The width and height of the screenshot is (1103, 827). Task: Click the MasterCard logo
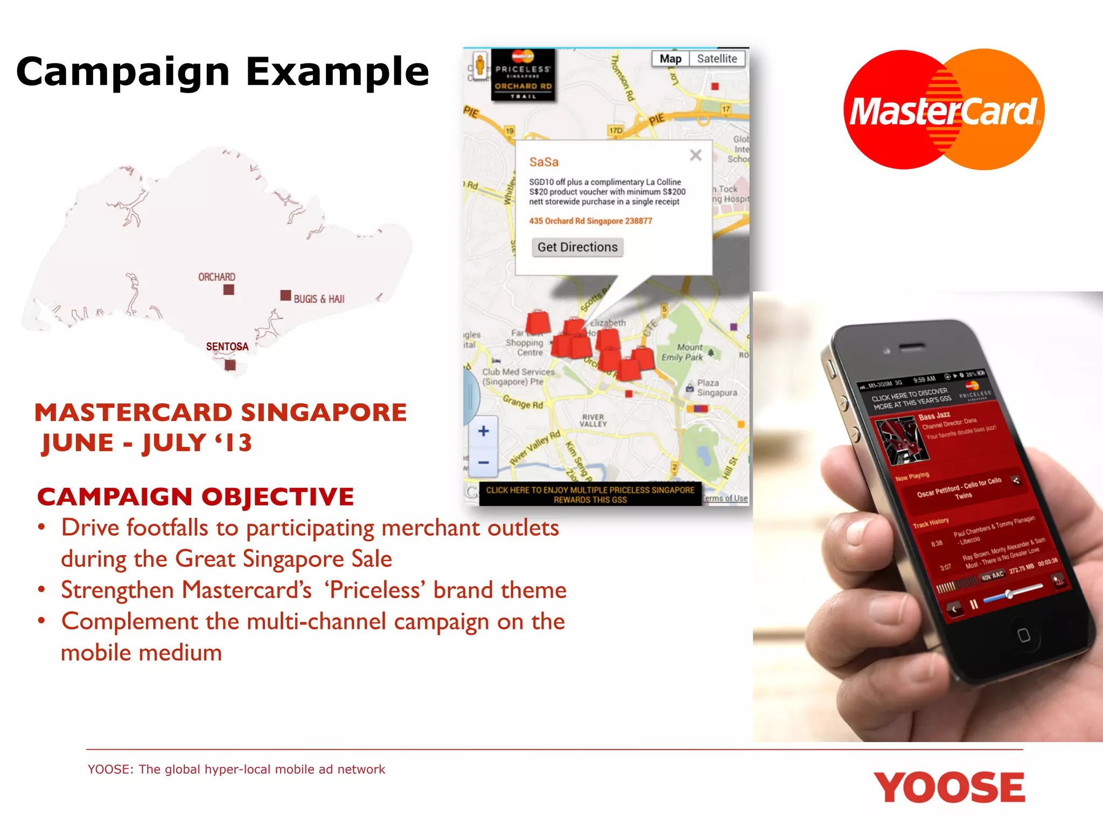pyautogui.click(x=944, y=110)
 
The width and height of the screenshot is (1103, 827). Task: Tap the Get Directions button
pyautogui.click(x=577, y=247)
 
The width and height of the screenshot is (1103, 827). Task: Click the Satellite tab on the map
pyautogui.click(x=717, y=59)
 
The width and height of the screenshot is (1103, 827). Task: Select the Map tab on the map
pyautogui.click(x=671, y=59)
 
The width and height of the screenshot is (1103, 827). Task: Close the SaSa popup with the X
pyautogui.click(x=695, y=156)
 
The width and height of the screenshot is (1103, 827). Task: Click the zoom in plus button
pyautogui.click(x=483, y=431)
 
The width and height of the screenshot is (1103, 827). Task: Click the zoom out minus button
pyautogui.click(x=483, y=462)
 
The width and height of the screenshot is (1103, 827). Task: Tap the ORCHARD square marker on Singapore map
pyautogui.click(x=229, y=290)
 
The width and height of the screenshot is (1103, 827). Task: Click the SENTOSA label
pyautogui.click(x=227, y=347)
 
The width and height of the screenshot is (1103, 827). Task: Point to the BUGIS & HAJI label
pyautogui.click(x=319, y=299)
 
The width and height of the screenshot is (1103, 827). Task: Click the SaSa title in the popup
pyautogui.click(x=543, y=162)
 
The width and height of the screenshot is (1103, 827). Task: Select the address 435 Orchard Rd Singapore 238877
pyautogui.click(x=590, y=221)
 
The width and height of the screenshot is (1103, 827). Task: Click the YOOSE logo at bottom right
pyautogui.click(x=949, y=787)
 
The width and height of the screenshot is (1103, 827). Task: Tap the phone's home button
pyautogui.click(x=1023, y=635)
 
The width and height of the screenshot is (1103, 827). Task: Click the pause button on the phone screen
pyautogui.click(x=974, y=604)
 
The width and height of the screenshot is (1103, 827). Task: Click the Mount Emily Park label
pyautogui.click(x=683, y=352)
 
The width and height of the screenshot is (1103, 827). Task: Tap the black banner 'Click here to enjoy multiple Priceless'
pyautogui.click(x=590, y=494)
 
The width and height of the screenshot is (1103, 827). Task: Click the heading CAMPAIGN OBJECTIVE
pyautogui.click(x=196, y=496)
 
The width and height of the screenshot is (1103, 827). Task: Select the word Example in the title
pyautogui.click(x=338, y=72)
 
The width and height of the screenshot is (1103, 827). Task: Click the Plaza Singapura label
pyautogui.click(x=716, y=388)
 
